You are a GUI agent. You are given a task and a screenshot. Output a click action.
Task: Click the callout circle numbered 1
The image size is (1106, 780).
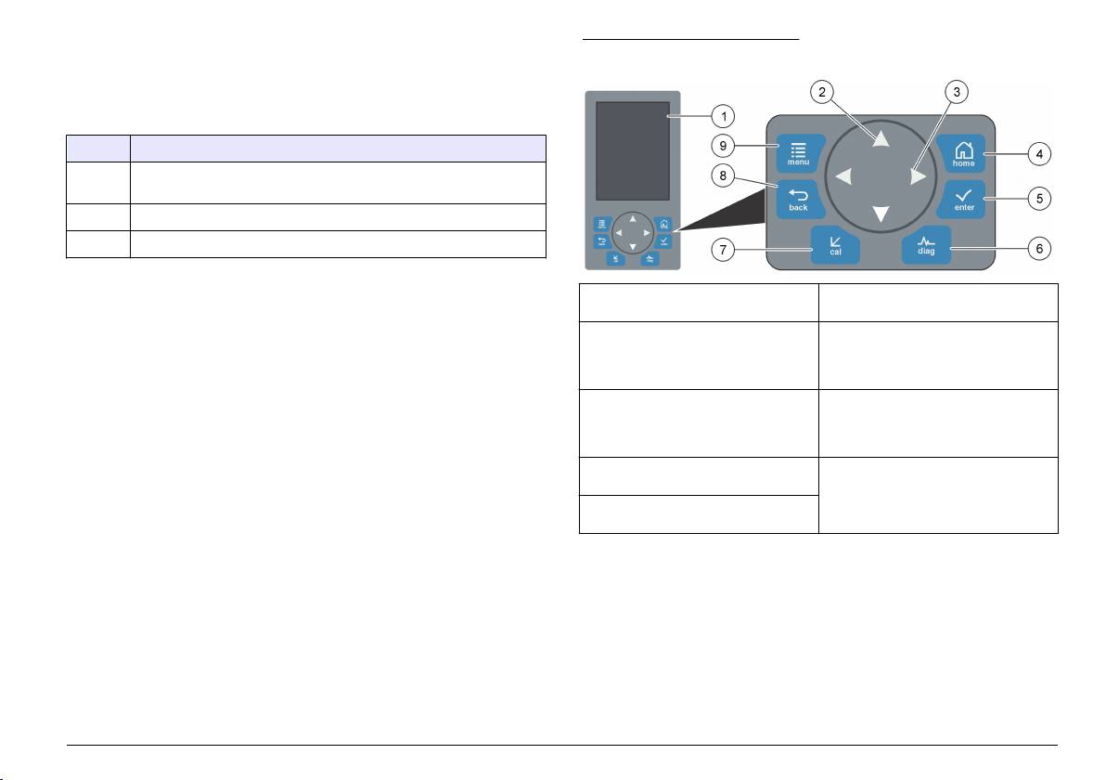723,116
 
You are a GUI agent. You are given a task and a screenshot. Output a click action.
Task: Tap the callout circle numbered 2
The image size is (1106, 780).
822,92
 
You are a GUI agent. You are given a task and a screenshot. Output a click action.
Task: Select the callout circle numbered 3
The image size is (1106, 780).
957,92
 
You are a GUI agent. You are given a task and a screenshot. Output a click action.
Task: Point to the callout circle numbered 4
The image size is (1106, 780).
1039,154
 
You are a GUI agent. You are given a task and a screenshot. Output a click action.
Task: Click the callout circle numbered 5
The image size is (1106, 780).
1039,199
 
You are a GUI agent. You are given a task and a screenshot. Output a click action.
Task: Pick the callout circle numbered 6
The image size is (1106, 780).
1039,249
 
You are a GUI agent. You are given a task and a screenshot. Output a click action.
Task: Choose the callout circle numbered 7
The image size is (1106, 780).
723,249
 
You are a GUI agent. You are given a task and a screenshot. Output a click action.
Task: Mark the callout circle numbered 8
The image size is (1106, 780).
723,175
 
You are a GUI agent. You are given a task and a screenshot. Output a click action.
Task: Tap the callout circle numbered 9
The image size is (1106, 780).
723,146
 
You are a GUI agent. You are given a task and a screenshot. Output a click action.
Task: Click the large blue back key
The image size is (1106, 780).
799,199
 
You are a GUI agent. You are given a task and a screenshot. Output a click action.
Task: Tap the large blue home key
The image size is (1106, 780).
962,154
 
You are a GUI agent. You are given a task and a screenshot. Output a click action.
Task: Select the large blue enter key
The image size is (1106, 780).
962,199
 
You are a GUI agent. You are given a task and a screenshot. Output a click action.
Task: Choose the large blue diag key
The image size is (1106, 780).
926,246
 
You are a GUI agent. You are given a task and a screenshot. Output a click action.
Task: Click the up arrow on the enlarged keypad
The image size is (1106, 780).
881,138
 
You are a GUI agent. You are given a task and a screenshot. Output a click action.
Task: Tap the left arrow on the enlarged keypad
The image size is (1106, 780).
843,176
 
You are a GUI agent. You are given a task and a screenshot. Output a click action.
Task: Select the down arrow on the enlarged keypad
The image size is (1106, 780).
881,214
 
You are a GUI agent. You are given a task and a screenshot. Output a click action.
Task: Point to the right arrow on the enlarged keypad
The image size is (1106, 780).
918,176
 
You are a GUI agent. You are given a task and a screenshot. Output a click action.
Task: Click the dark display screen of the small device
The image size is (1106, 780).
633,151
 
